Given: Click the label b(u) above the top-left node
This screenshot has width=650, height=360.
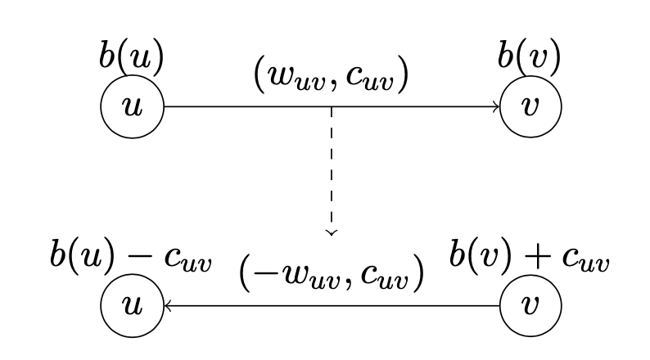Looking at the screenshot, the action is pos(132,56).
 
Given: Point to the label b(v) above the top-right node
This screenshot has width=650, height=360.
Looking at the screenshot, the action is pos(530,56).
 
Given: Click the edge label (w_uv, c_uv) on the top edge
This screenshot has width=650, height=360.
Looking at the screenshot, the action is pos(332,74).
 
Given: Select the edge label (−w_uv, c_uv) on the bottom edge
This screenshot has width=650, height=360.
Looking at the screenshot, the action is pos(332,273).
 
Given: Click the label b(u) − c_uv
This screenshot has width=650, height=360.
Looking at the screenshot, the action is pos(131,255).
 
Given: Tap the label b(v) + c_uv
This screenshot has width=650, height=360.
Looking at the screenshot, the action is pos(530,255).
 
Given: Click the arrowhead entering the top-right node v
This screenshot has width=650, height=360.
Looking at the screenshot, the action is pos(496,106).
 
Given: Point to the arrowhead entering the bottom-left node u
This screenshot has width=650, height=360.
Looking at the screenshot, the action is pos(168,306).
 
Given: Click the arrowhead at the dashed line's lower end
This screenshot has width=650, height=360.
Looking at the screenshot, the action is pos(332,233).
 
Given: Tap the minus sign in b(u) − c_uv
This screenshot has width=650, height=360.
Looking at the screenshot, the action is pos(139,257).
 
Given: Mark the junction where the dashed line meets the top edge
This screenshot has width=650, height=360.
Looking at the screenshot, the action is pos(332,107).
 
